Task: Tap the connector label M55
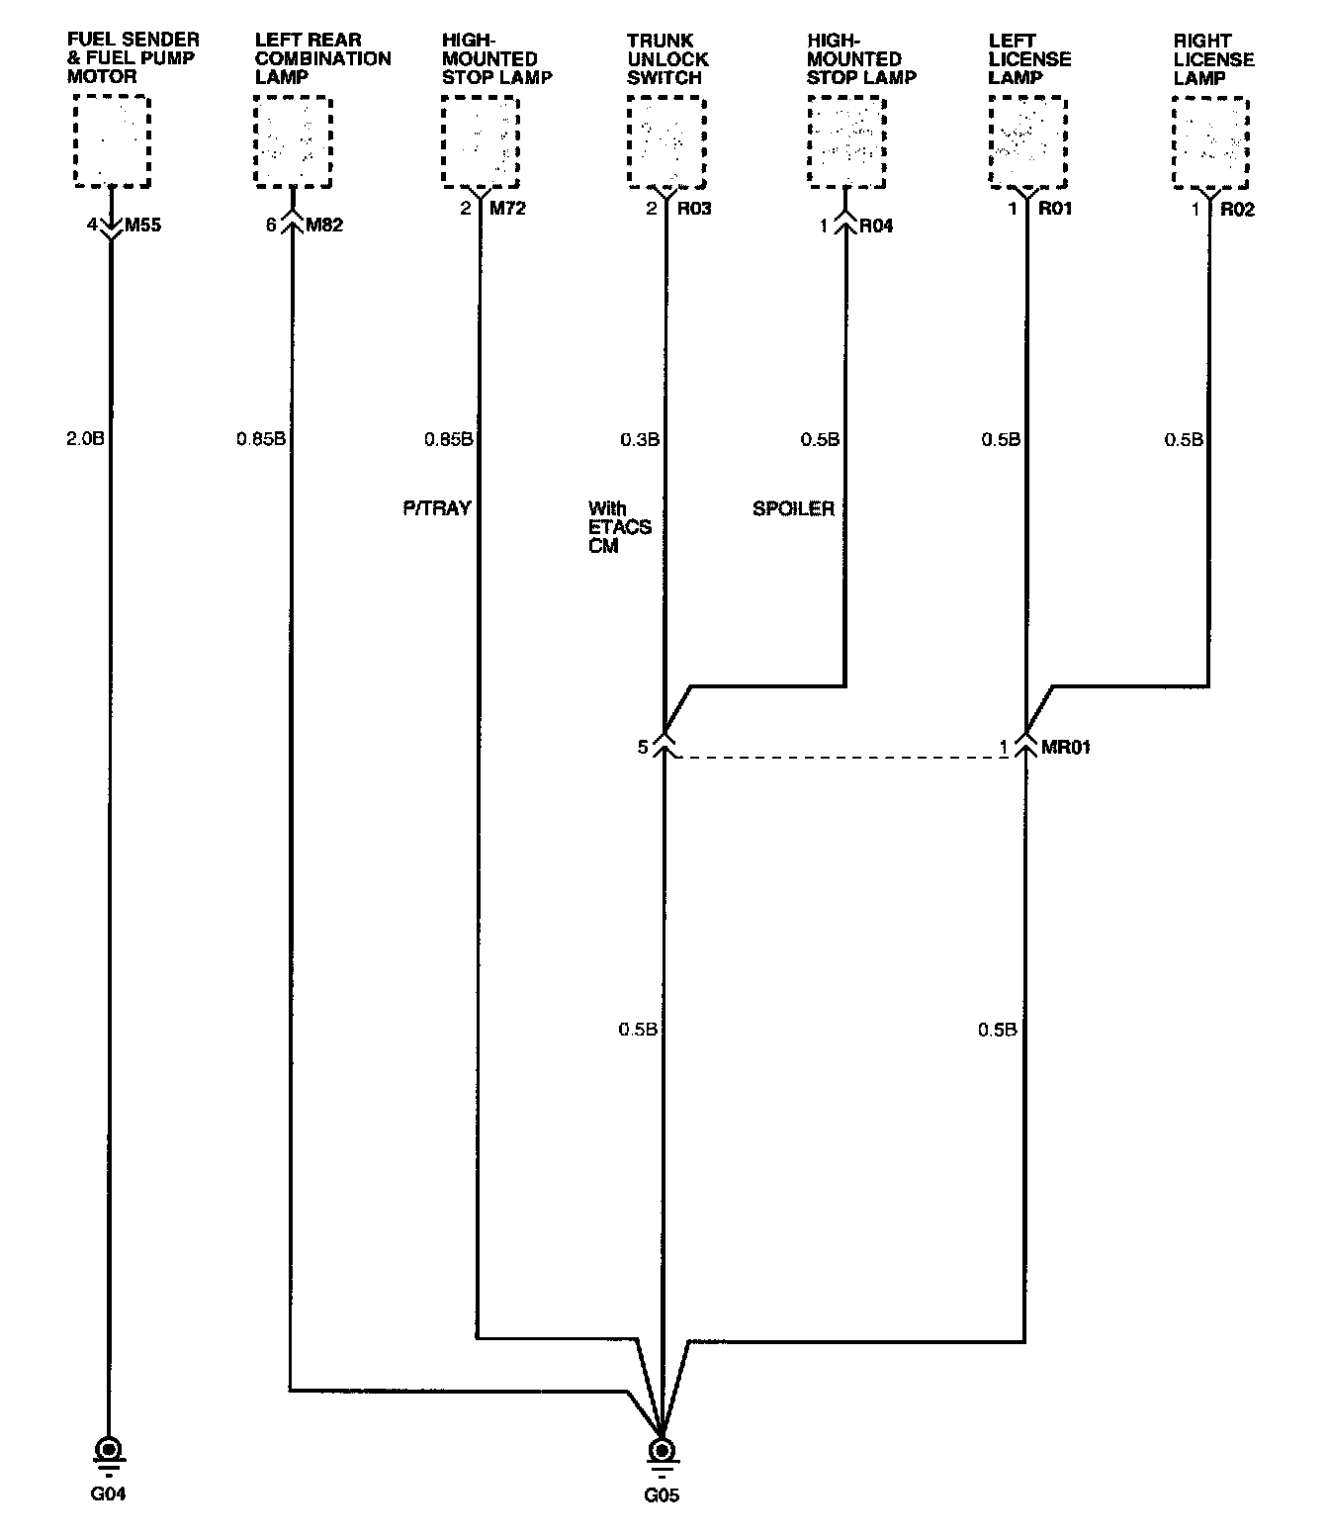tap(142, 226)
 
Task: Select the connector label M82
tap(324, 226)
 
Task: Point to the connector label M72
tap(507, 209)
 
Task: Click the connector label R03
tap(694, 209)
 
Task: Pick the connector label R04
tap(876, 226)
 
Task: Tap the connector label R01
tap(1055, 209)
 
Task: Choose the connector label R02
tap(1238, 210)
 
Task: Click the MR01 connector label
tap(1066, 748)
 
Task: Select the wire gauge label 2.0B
tap(85, 439)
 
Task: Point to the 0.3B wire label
tap(640, 440)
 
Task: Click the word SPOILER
tap(794, 508)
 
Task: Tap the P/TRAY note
tap(437, 507)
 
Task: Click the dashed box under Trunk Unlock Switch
tap(666, 142)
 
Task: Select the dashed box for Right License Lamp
tap(1210, 142)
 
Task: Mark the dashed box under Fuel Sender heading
tap(113, 141)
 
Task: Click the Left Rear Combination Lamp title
tap(323, 58)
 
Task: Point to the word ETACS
tap(620, 527)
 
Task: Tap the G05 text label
tap(662, 1495)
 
